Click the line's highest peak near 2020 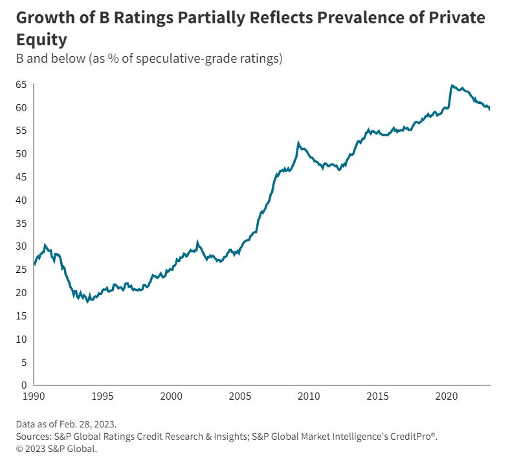point(452,85)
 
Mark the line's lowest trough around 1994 point(87,302)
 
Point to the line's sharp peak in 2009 point(298,143)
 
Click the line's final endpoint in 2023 point(489,109)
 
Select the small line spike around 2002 point(197,242)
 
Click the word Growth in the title point(43,18)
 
